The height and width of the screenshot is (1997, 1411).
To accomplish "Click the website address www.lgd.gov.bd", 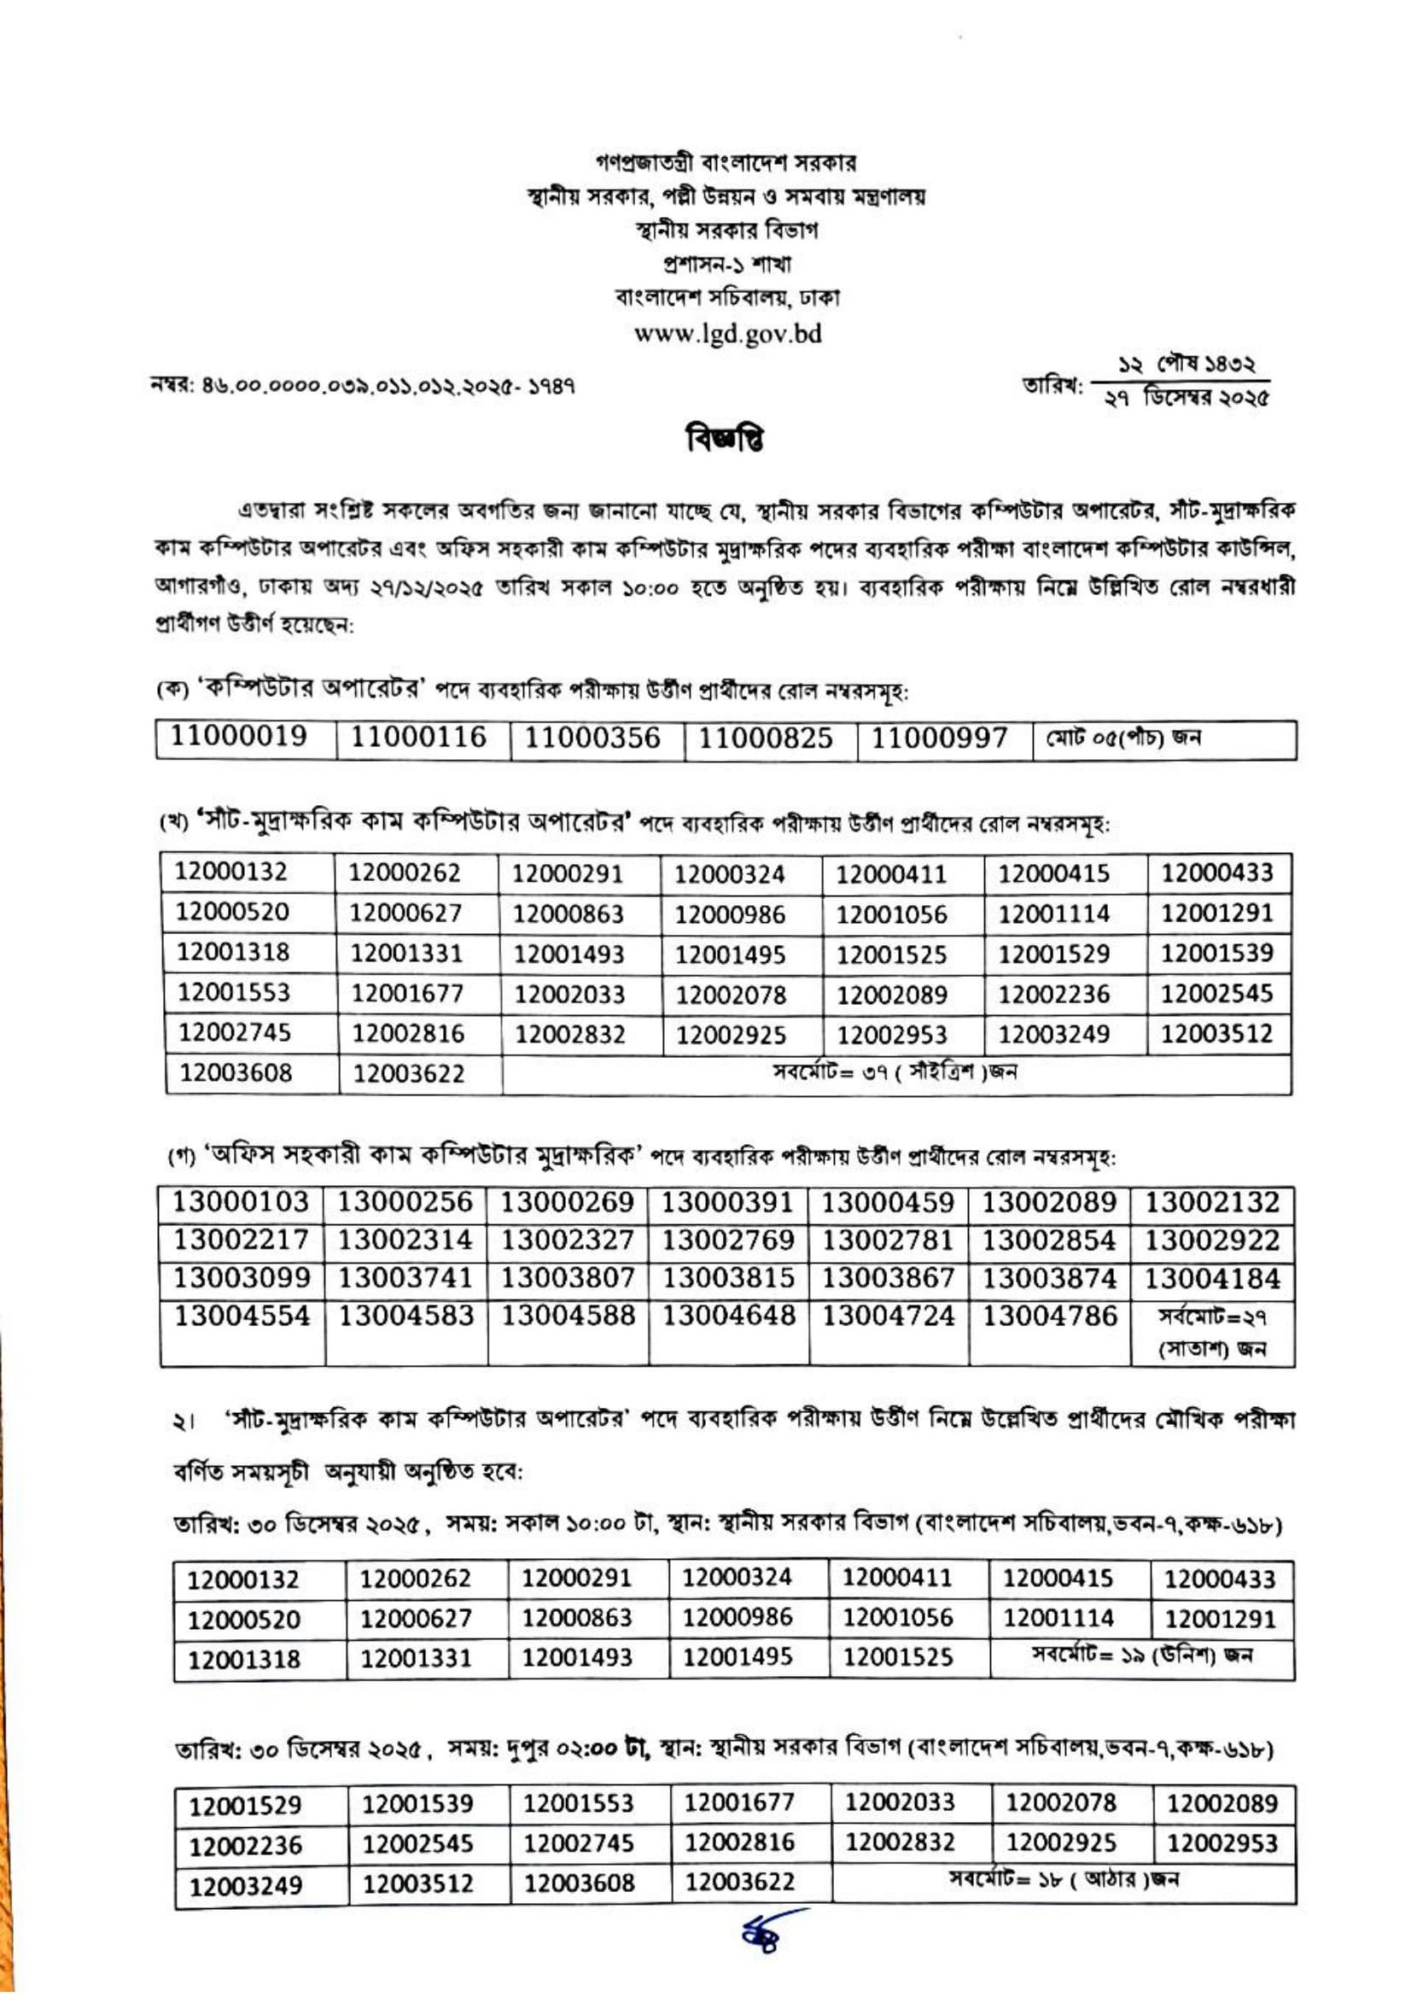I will click(x=727, y=334).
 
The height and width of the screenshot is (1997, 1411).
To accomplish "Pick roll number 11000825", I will click(x=766, y=739).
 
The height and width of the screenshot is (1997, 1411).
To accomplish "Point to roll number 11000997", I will click(x=940, y=739).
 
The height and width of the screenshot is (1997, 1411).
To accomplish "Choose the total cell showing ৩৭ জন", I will click(x=895, y=1071).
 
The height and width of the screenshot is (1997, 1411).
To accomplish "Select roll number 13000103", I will click(x=241, y=1203).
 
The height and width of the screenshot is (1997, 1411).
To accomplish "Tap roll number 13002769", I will click(x=728, y=1241).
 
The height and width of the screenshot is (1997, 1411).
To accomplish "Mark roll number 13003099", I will click(x=242, y=1279).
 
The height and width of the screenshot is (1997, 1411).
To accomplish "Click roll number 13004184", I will click(x=1212, y=1279).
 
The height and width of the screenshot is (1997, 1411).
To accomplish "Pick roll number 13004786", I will click(x=1049, y=1316).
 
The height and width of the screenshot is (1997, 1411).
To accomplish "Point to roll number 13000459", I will click(x=889, y=1203).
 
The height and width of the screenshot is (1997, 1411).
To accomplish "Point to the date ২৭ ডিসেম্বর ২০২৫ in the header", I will click(x=1186, y=400).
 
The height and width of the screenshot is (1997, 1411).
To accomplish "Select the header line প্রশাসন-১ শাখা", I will click(x=726, y=264).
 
